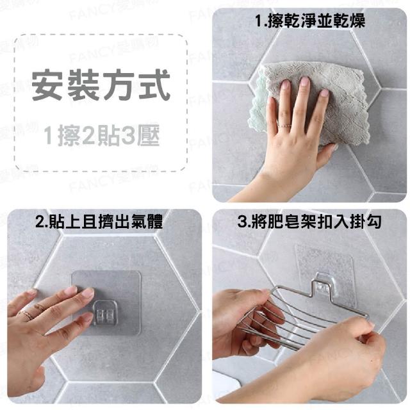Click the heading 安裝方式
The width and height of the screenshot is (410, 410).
coord(101,85)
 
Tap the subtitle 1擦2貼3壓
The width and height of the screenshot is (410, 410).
coord(101,135)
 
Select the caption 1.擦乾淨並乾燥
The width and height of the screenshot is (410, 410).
coord(310,20)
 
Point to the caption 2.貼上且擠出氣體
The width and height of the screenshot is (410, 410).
coord(99,221)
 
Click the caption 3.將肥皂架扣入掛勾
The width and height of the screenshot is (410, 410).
coord(309,221)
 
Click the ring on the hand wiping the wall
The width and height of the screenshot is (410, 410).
coord(284,126)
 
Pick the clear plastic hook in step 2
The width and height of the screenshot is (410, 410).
coord(104,313)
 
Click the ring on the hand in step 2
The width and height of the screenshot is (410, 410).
coord(25,315)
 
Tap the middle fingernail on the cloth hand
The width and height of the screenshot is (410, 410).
coord(305,82)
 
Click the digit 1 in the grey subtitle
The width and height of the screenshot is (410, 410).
coord(49,135)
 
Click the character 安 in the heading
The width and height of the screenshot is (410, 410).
coord(47,85)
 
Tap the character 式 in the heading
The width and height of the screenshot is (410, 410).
coord(155,85)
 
